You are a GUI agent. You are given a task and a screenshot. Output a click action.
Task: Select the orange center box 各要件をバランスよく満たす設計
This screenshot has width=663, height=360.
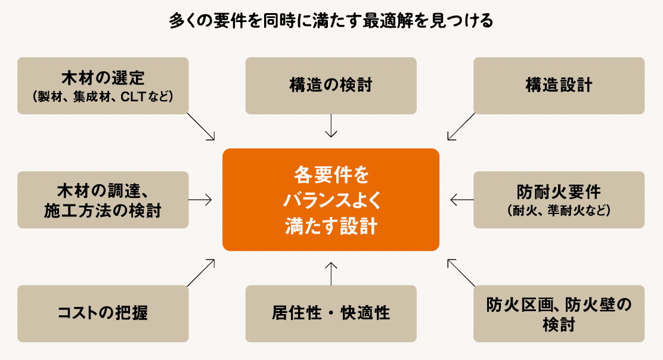(331, 200)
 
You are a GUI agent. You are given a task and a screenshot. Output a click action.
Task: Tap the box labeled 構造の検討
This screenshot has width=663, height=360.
(331, 85)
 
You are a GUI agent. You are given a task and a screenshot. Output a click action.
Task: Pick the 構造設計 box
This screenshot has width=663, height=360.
(559, 85)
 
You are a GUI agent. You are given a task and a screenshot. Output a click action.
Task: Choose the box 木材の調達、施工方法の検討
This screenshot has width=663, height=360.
(103, 200)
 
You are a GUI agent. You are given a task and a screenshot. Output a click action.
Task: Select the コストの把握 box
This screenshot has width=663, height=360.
(103, 314)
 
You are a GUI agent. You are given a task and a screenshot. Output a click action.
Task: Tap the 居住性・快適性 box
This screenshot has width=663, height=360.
(331, 314)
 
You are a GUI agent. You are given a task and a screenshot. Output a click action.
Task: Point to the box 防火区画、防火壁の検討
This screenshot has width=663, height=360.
(559, 314)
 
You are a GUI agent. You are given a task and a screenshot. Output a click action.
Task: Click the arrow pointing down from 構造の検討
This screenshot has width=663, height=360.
(331, 126)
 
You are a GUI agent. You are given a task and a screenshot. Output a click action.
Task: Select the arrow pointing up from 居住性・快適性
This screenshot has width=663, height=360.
(331, 272)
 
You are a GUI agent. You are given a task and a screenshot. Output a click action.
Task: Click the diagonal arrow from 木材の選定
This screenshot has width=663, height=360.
(201, 126)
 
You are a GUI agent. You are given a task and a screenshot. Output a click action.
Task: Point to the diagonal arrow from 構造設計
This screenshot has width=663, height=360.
(461, 126)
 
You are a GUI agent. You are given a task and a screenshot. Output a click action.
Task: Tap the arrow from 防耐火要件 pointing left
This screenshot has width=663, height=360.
(461, 200)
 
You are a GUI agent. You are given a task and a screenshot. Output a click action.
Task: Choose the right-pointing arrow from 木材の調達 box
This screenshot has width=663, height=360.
(200, 200)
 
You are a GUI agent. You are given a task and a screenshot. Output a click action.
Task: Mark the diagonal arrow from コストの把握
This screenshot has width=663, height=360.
(201, 272)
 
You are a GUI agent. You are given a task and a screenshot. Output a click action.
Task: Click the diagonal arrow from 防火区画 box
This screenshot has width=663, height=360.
(461, 272)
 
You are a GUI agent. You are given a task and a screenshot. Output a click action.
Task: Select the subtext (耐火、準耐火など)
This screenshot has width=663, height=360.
(559, 210)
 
